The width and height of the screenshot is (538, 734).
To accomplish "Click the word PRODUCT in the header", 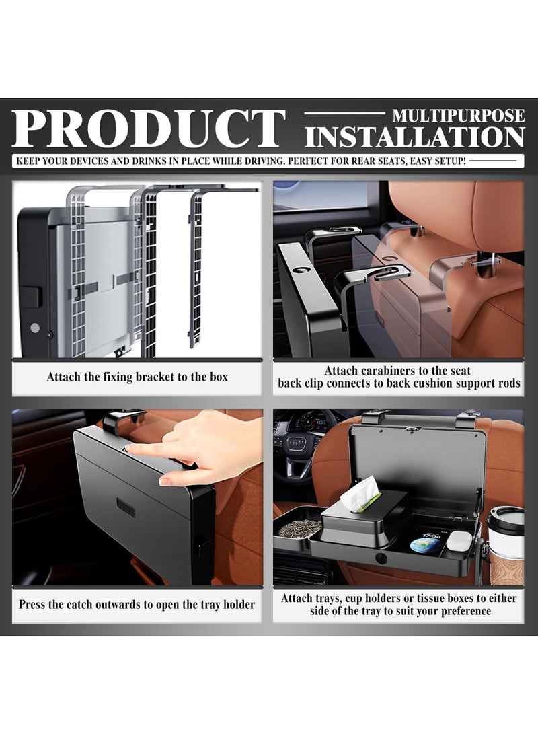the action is (x=149, y=129).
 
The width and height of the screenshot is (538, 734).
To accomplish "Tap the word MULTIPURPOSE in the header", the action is (x=459, y=116).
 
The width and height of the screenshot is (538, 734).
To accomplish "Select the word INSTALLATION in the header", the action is (x=414, y=138).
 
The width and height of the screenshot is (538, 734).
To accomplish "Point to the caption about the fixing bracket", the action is (x=137, y=377).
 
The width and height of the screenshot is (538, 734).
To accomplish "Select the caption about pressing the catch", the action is (x=137, y=605).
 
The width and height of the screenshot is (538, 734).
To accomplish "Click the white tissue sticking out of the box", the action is (x=360, y=493).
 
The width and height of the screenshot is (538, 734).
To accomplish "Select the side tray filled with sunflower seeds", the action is (x=299, y=527).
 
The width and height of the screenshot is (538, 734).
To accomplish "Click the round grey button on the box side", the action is (x=35, y=328).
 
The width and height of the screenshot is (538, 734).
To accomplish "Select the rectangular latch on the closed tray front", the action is (x=126, y=507).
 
